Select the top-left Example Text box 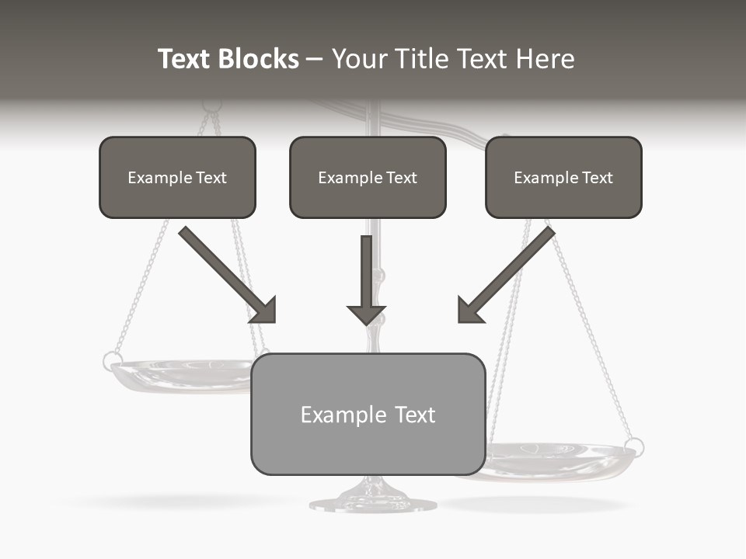177,177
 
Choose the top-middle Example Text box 368,177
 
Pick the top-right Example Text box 563,177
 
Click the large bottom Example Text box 368,414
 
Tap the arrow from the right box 509,272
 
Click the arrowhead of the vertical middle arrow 366,314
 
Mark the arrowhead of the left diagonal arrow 264,311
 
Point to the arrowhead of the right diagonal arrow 469,310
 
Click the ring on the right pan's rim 634,447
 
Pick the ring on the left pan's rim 112,360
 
